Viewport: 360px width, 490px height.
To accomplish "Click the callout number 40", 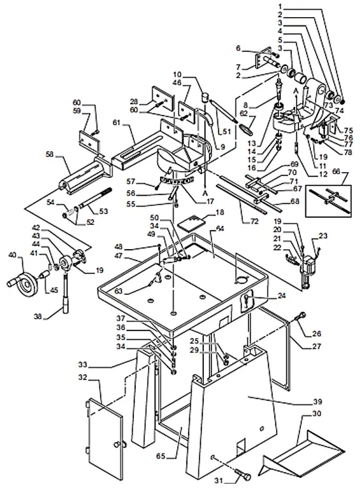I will click(x=11, y=255).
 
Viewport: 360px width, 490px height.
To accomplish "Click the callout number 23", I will click(x=324, y=236).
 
